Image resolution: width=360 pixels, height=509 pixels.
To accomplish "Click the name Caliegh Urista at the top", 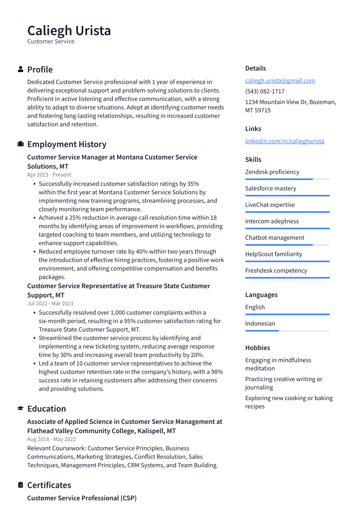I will pos(69,31).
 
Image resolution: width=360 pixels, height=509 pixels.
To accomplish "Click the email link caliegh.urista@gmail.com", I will pos(280,80).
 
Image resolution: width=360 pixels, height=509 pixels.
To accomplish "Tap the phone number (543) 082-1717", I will pos(264,91).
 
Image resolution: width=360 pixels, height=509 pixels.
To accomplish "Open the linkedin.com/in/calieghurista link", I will pos(284,141).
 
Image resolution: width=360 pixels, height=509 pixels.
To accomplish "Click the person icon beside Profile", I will pos(20,70).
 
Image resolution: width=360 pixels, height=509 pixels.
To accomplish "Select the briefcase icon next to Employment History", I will pos(20,144).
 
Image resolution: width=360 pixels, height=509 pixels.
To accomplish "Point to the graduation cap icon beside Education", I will pos(20,409).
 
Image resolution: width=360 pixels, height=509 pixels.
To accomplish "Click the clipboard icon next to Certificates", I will pos(20,485).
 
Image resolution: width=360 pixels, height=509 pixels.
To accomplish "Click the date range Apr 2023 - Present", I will pos(49,175).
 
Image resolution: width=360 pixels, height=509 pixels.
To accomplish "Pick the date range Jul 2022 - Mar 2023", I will pos(50,303).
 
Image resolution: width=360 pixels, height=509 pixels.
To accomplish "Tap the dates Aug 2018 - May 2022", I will pos(51,439).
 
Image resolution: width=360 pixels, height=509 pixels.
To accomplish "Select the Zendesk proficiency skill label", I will pos(272,172).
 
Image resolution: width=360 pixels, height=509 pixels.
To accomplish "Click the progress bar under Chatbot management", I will pos(287,245).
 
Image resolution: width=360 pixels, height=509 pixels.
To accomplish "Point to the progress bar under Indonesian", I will pos(287,331).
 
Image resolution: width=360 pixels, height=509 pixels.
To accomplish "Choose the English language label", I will pos(255,307).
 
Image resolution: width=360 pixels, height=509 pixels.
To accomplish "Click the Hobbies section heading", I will pos(258,348).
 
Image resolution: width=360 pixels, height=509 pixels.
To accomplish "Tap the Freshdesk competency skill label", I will pos(276,270).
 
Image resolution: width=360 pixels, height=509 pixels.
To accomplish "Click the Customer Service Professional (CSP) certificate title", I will pos(82,498).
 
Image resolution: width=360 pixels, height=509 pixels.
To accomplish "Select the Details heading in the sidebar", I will pos(255,68).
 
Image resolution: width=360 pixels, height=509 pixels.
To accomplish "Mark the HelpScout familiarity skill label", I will pos(274,254).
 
